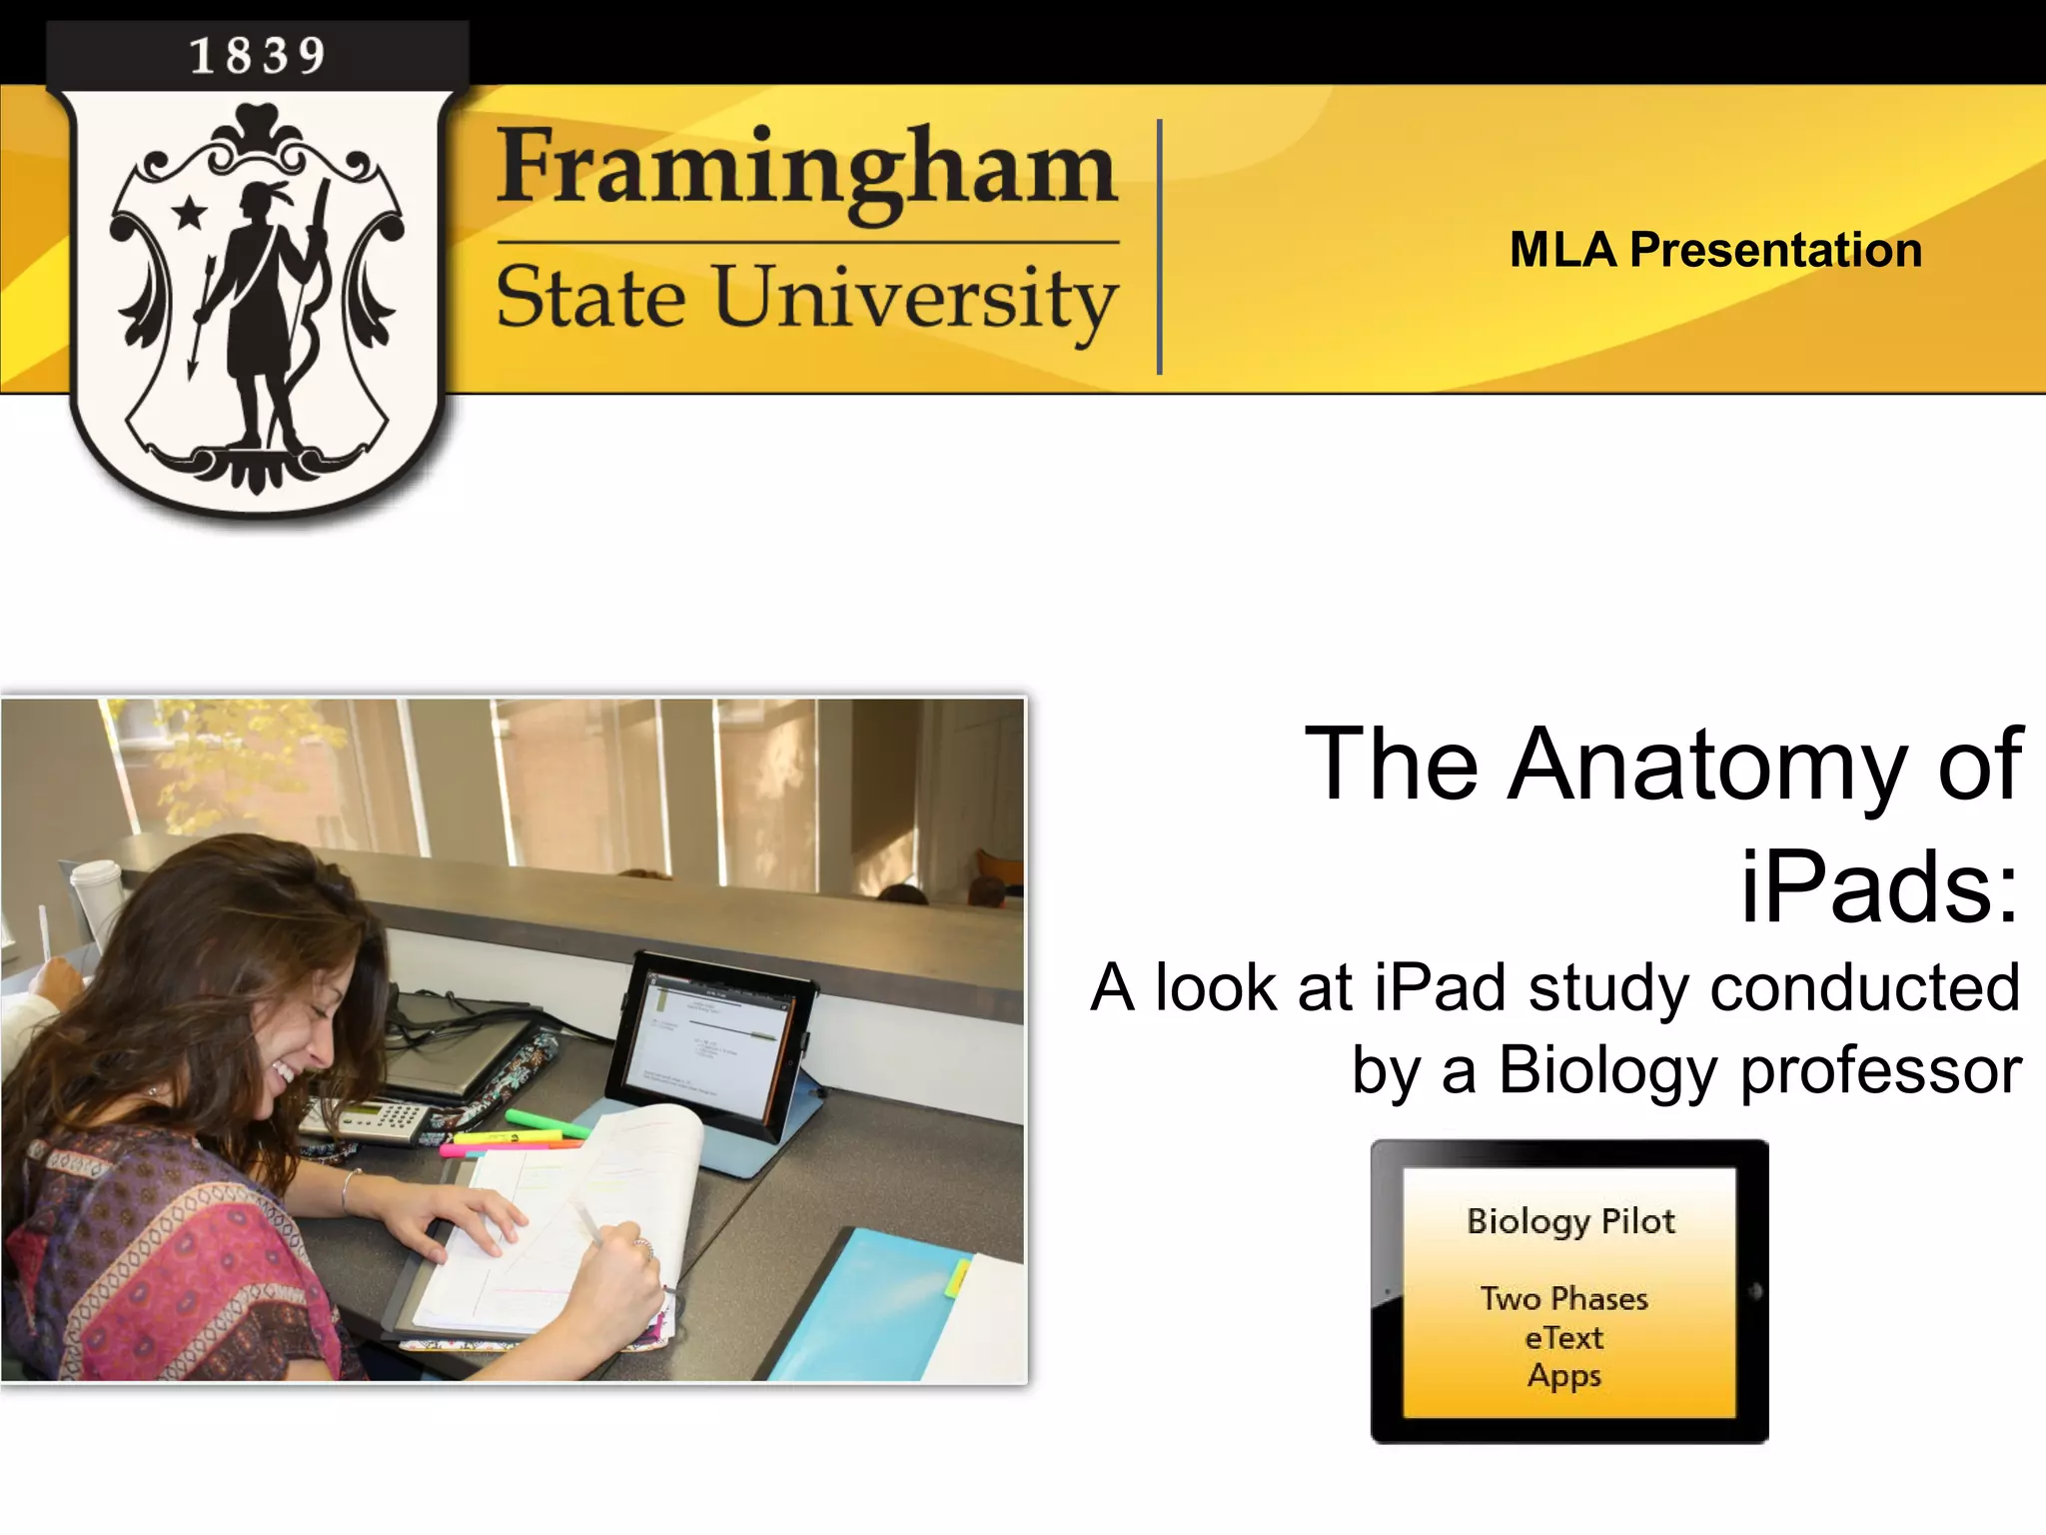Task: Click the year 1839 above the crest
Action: click(x=258, y=55)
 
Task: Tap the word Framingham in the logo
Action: click(x=805, y=168)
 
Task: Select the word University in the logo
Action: click(x=915, y=298)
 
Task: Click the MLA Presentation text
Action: click(x=1715, y=250)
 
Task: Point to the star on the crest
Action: click(x=189, y=212)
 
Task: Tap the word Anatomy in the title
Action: click(x=1706, y=765)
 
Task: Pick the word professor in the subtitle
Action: click(x=1881, y=1070)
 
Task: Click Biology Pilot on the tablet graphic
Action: click(x=1569, y=1221)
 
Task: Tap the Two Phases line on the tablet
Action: click(x=1563, y=1299)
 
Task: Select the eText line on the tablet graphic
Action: click(x=1563, y=1338)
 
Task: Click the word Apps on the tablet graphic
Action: click(x=1563, y=1376)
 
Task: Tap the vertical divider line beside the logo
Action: click(x=1159, y=247)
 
